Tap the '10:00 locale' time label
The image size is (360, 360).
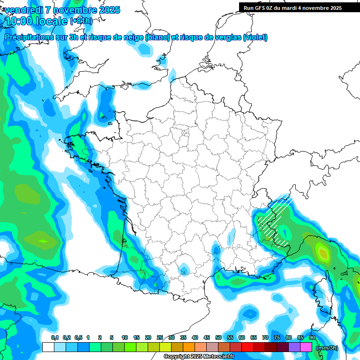(36, 21)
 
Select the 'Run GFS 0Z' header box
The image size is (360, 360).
(299, 7)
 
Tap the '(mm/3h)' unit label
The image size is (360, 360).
(327, 348)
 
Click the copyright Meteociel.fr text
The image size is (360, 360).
(199, 357)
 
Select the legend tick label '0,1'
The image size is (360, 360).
(54, 338)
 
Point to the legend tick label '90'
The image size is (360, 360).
(312, 338)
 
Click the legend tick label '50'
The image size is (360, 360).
(218, 338)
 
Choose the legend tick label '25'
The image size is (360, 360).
(160, 338)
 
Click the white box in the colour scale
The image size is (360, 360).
(48, 347)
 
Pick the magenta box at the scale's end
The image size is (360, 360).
(306, 347)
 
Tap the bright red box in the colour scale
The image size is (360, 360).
(247, 347)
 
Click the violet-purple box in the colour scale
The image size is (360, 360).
(294, 347)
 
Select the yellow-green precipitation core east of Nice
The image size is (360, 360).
(323, 253)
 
